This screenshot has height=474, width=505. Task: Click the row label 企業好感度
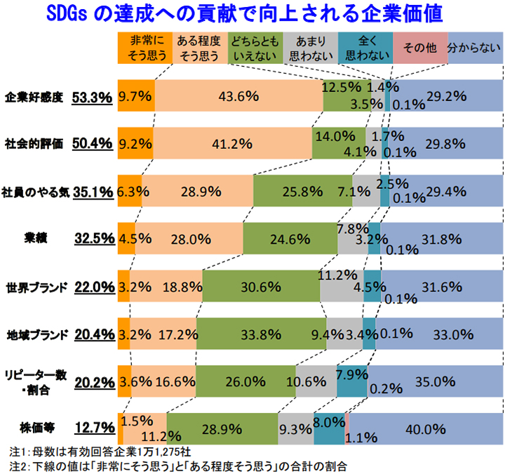click(x=34, y=96)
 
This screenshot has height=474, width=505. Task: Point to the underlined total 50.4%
click(x=93, y=144)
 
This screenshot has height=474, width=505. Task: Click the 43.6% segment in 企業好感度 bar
click(x=238, y=96)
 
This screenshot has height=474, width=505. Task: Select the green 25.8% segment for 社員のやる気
click(x=302, y=191)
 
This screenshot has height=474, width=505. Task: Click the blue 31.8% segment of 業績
click(x=442, y=238)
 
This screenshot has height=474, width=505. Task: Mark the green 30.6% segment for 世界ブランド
click(x=283, y=286)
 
